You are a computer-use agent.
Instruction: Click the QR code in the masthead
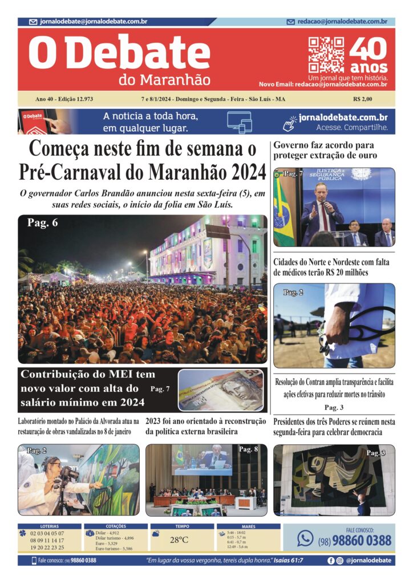point(326,55)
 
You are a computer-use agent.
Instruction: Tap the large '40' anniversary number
point(368,50)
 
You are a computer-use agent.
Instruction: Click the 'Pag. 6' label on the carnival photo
point(42,223)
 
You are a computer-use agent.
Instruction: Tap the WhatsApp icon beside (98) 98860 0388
point(305,538)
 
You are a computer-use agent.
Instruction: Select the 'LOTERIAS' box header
point(49,526)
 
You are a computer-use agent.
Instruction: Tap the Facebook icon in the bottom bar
point(331,561)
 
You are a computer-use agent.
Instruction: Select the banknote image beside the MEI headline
point(221,391)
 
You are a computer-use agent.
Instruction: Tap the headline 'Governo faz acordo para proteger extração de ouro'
point(325,150)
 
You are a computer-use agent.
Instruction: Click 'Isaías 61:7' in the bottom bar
point(290,561)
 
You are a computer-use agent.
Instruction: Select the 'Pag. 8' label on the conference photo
point(248,449)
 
